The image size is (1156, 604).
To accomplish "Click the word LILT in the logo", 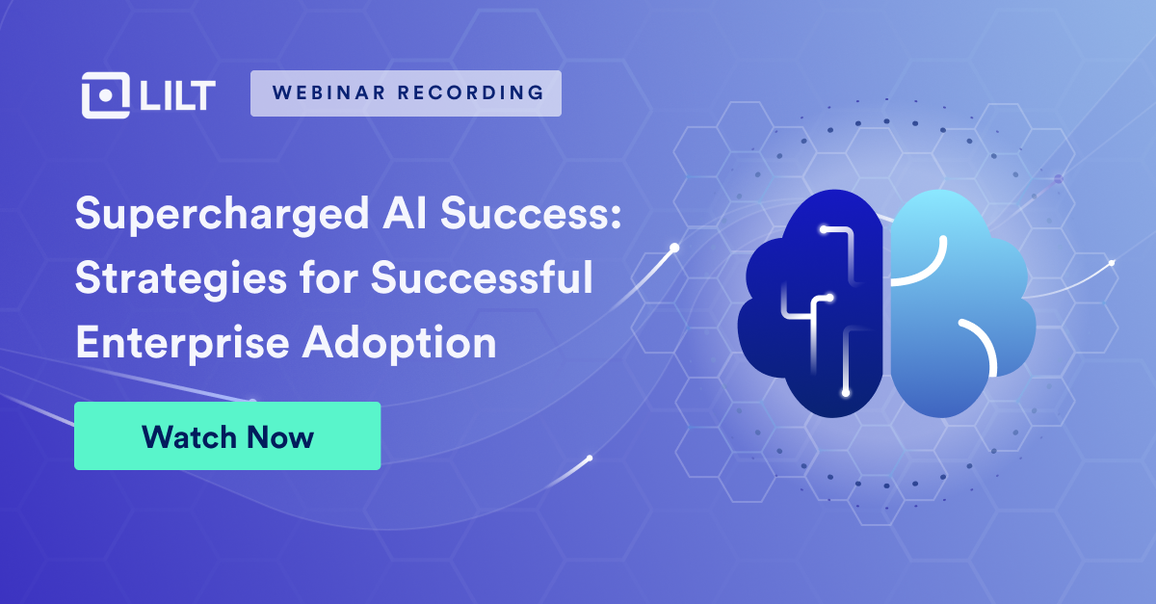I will [176, 94].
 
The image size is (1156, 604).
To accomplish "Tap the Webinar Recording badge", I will [406, 93].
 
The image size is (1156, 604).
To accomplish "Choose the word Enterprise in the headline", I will [171, 341].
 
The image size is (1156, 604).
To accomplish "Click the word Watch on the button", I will [186, 436].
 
